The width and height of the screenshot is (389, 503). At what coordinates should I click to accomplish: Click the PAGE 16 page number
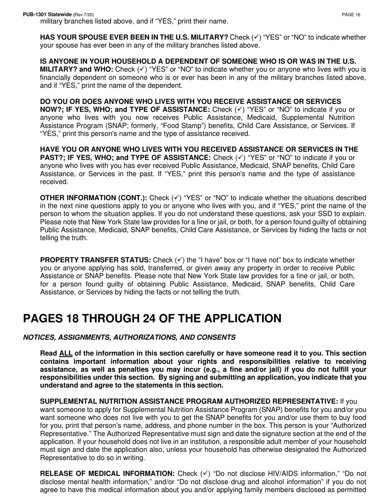point(351,15)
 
